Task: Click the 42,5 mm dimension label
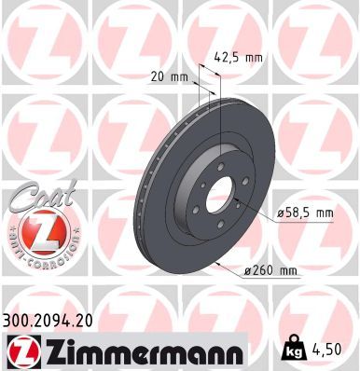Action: coord(239,58)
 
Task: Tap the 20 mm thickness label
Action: coord(170,76)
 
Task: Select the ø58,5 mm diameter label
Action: coord(305,213)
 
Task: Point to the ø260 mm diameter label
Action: coord(270,271)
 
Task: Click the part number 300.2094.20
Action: coord(48,321)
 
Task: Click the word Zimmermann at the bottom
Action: coord(144,351)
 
